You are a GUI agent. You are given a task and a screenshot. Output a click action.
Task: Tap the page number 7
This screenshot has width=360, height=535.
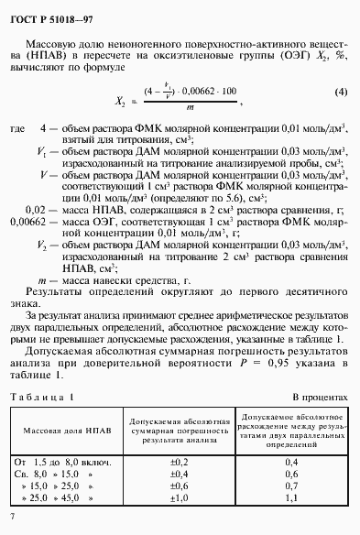pos(11,518)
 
